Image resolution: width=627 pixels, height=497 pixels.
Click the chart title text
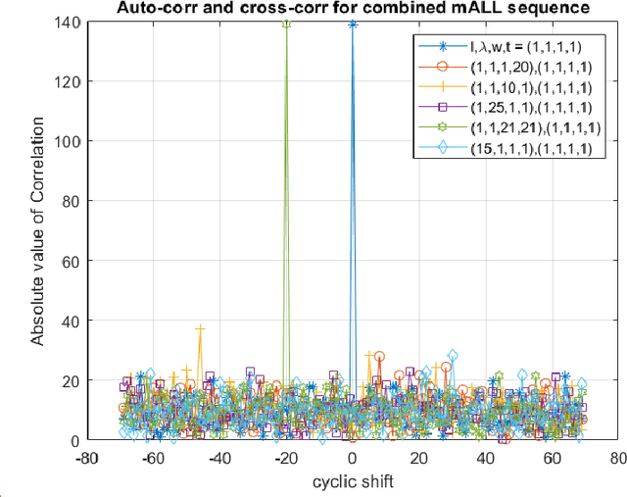click(350, 8)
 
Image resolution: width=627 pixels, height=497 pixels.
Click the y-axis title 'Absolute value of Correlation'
click(38, 230)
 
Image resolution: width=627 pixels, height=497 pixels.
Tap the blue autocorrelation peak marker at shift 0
click(352, 25)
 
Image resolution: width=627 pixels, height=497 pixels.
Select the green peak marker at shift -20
click(286, 24)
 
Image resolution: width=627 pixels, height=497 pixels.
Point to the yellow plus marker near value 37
click(201, 329)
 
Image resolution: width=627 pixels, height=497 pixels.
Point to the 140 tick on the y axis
click(72, 22)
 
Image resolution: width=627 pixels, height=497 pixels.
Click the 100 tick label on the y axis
click(72, 141)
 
